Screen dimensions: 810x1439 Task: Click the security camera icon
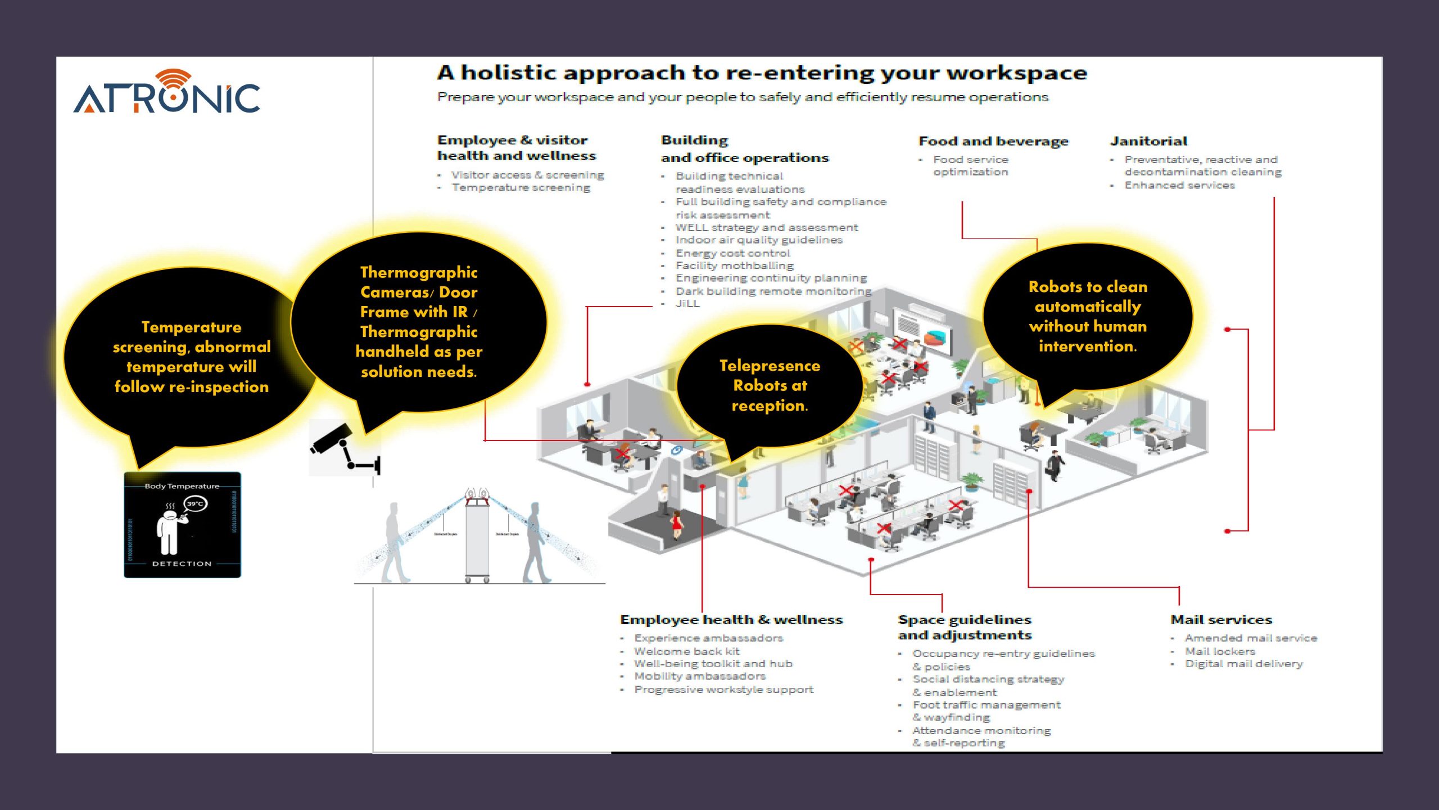pyautogui.click(x=345, y=448)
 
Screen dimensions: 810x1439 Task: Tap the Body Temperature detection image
pyautogui.click(x=182, y=525)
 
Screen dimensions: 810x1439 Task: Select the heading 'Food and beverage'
pyautogui.click(x=993, y=141)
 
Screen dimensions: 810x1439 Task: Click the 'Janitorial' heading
pyautogui.click(x=1148, y=141)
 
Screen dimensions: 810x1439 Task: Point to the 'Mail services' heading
pyautogui.click(x=1221, y=620)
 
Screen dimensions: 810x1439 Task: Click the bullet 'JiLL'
pyautogui.click(x=687, y=304)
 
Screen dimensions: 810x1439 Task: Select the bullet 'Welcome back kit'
pyautogui.click(x=687, y=651)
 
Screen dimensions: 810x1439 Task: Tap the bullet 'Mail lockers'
pyautogui.click(x=1220, y=651)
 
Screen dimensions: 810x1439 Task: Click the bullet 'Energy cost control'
pyautogui.click(x=732, y=253)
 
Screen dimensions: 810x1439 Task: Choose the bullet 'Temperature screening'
pyautogui.click(x=521, y=188)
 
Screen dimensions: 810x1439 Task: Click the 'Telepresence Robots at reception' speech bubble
pyautogui.click(x=770, y=386)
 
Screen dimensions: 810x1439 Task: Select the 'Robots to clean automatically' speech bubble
pyautogui.click(x=1088, y=317)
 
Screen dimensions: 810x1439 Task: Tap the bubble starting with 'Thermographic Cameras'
pyautogui.click(x=419, y=322)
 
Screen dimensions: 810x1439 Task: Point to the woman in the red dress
pyautogui.click(x=677, y=526)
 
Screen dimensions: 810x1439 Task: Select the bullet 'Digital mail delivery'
pyautogui.click(x=1243, y=664)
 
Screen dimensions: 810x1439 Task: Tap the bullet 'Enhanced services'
pyautogui.click(x=1179, y=186)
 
